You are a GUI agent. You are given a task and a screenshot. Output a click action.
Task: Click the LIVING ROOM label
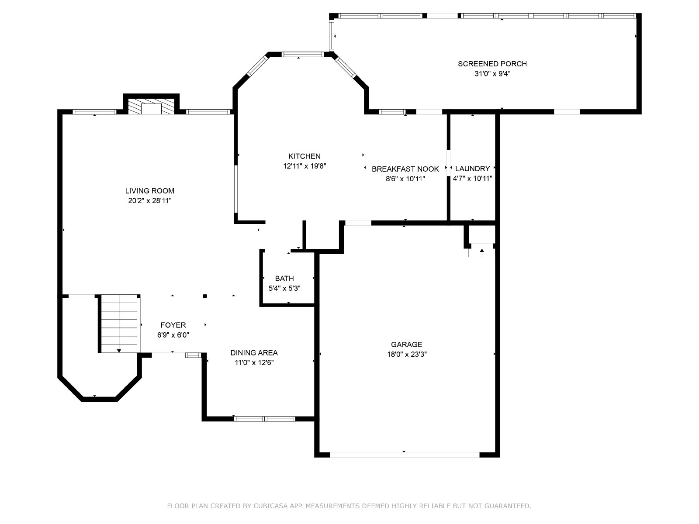pos(150,191)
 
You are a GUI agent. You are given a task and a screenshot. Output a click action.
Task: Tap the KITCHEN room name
pos(305,156)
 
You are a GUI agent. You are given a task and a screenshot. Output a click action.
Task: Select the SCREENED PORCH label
pos(492,64)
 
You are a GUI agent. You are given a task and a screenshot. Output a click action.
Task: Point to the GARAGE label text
pos(407,345)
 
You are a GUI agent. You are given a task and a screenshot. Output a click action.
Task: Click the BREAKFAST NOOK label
pos(405,169)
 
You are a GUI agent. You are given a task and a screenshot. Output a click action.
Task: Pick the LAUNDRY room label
pos(473,169)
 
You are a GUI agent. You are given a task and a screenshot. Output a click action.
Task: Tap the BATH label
pos(284,279)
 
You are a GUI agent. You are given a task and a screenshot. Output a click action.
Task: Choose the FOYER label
pos(173,325)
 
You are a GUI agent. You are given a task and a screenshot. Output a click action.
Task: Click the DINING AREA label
pos(254,353)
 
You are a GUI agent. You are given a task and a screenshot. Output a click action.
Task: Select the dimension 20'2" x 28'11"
pos(150,201)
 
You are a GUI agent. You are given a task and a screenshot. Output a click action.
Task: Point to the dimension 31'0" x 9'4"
pos(492,74)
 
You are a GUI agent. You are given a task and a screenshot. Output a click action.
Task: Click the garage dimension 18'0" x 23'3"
pos(407,355)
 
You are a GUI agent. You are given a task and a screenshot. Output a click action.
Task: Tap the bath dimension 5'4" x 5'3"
pos(284,289)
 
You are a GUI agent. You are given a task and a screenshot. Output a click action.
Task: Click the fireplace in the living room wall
pos(151,106)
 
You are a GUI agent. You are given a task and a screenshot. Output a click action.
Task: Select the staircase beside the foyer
pos(119,324)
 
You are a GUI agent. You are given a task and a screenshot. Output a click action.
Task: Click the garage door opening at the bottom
pos(405,455)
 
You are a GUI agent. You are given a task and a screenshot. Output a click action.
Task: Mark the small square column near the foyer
pos(205,296)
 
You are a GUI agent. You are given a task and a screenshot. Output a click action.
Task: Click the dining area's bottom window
pos(264,419)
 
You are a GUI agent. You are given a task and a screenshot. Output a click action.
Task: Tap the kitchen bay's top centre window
pos(303,55)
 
